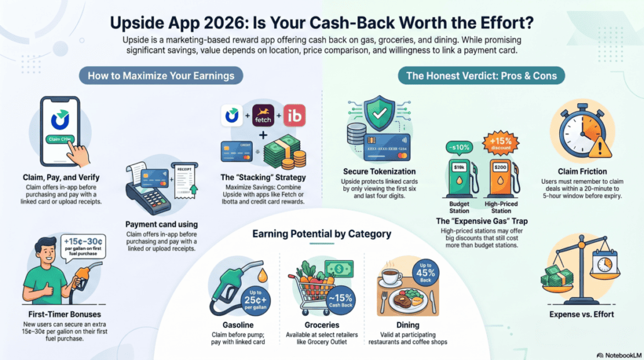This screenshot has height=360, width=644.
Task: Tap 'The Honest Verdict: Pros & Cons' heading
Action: [486, 76]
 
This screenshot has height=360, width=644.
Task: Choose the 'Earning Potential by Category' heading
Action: [321, 234]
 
